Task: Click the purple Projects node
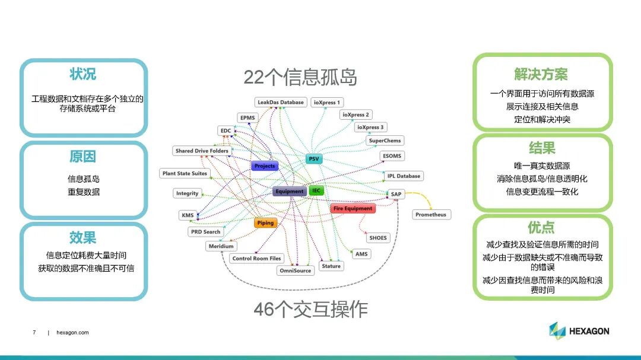(265, 166)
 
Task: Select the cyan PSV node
(314, 159)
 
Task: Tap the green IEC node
(316, 191)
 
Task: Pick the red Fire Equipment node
(353, 209)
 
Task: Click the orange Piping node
(265, 223)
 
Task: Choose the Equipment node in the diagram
(289, 192)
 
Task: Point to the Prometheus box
(431, 215)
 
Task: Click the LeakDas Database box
(281, 102)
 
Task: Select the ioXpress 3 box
(370, 128)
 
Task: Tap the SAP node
(396, 194)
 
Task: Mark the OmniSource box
(295, 270)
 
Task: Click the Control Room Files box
(256, 259)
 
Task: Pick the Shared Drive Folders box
(202, 151)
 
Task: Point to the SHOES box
(378, 238)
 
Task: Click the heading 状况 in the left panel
(82, 75)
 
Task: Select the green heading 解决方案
(541, 74)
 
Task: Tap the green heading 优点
(541, 227)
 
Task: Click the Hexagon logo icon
(557, 331)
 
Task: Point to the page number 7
(34, 333)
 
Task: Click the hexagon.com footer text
(72, 333)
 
